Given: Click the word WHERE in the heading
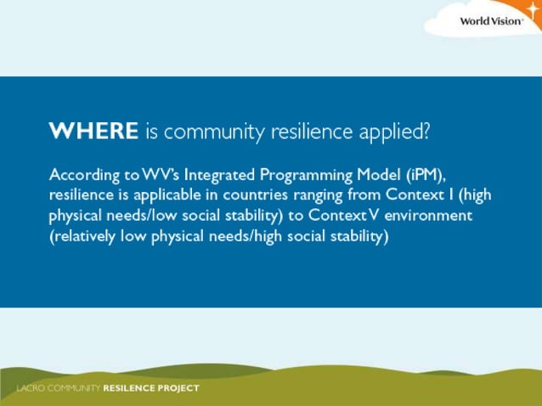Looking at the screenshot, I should [x=93, y=132].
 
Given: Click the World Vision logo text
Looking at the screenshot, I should [x=491, y=20].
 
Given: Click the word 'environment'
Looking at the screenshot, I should [x=428, y=216].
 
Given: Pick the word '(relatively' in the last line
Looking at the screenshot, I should [x=84, y=237].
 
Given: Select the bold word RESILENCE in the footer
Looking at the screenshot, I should [x=128, y=389].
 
